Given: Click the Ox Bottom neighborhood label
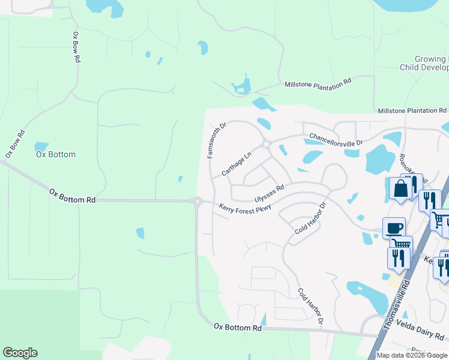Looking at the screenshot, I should pyautogui.click(x=56, y=154).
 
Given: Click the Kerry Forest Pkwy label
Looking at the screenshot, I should pyautogui.click(x=245, y=208).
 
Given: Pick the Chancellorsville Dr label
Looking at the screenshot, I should pyautogui.click(x=336, y=139).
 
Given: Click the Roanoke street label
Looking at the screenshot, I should pyautogui.click(x=412, y=168).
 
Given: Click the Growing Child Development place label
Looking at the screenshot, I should pyautogui.click(x=424, y=64).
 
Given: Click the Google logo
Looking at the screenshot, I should pyautogui.click(x=20, y=353).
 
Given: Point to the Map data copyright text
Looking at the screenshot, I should pyautogui.click(x=411, y=355).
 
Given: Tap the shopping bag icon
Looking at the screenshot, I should pyautogui.click(x=400, y=189).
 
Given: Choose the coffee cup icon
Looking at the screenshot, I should pyautogui.click(x=394, y=227).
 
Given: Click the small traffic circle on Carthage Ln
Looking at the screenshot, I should pyautogui.click(x=265, y=144).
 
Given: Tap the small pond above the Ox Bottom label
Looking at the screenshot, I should pyautogui.click(x=41, y=146).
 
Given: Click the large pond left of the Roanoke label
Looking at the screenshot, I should pyautogui.click(x=380, y=160).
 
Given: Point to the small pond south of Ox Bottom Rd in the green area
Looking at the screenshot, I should pyautogui.click(x=140, y=232).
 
